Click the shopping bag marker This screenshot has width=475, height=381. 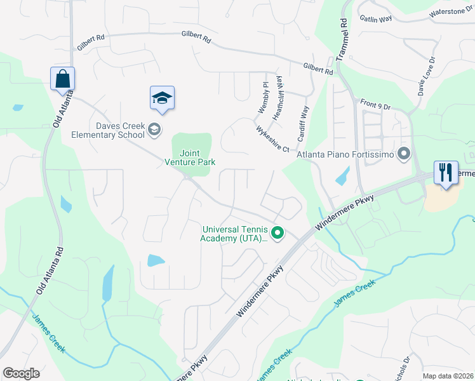(62, 79)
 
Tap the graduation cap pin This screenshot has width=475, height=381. (162, 98)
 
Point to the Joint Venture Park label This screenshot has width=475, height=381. (194, 157)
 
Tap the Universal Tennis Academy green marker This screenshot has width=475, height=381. (277, 234)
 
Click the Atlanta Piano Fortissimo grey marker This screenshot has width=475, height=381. (404, 154)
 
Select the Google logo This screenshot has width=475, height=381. (21, 373)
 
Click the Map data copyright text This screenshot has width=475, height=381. (448, 376)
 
